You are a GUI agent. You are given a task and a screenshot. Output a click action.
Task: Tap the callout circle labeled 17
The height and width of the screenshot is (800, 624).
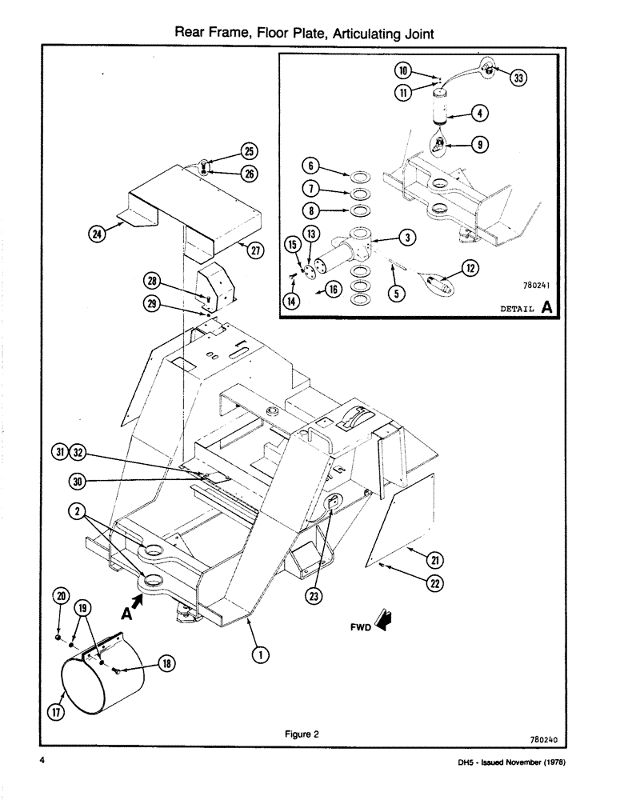56,714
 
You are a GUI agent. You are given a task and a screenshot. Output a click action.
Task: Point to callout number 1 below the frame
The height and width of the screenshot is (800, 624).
258,654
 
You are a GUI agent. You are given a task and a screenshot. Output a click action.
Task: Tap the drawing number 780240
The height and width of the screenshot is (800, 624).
543,741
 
